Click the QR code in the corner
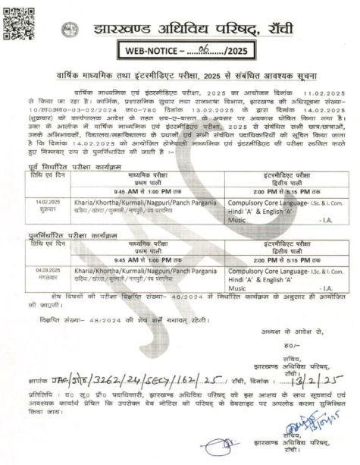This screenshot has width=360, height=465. tap(17, 20)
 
